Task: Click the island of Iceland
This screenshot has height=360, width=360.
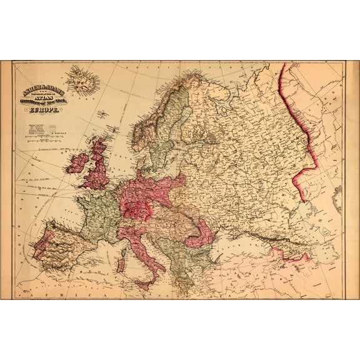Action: [x=85, y=80]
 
